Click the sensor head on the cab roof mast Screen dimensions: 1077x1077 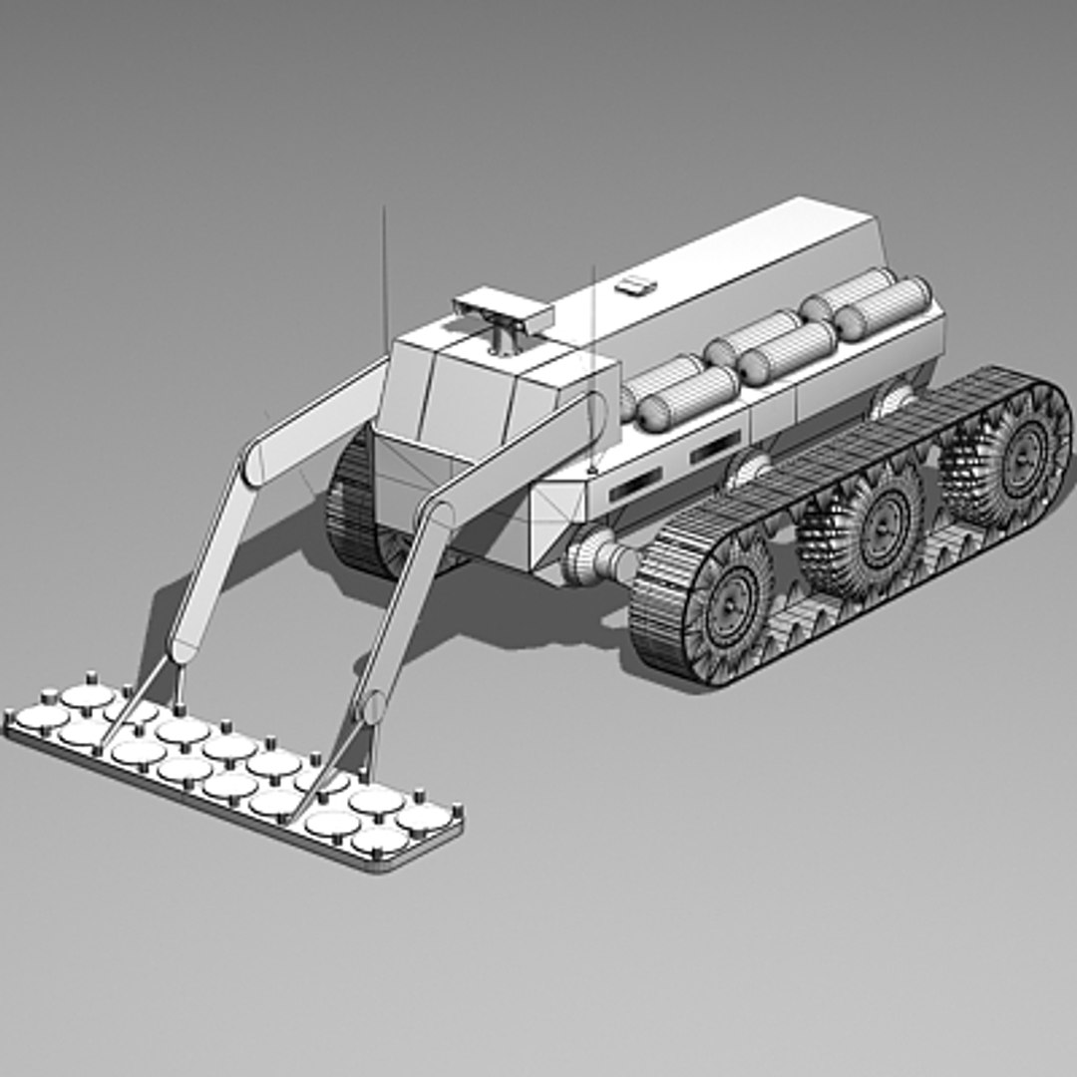pos(504,310)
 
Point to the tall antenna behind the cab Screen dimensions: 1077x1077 pos(383,279)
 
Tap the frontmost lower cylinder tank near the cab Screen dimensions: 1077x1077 pos(688,397)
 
